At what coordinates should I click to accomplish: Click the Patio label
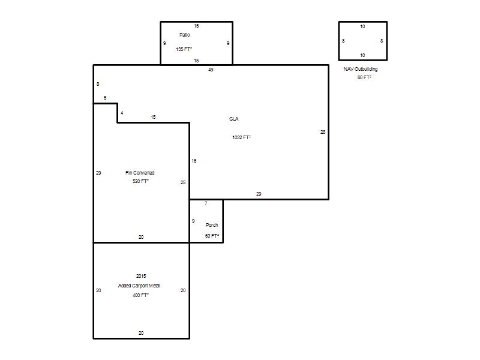(x=184, y=35)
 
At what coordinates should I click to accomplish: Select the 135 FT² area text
(x=184, y=49)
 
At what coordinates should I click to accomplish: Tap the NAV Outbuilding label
(x=361, y=69)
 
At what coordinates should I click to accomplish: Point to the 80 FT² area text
(x=364, y=77)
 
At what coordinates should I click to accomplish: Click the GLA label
(x=233, y=119)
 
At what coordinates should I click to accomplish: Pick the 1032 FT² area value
(x=241, y=137)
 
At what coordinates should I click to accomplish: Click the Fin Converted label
(x=140, y=173)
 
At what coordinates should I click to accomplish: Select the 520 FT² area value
(x=140, y=181)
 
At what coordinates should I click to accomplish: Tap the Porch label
(x=212, y=225)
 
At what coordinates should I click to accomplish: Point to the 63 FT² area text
(x=212, y=236)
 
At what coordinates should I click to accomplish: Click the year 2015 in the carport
(x=141, y=276)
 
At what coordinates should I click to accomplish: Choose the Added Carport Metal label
(x=139, y=286)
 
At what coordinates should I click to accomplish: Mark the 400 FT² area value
(x=140, y=295)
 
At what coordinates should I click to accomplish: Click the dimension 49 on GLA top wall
(x=211, y=70)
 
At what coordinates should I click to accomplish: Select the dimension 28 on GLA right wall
(x=323, y=132)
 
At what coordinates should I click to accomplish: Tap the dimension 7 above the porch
(x=206, y=203)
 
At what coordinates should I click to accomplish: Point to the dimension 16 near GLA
(x=194, y=161)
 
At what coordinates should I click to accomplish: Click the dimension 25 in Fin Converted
(x=183, y=182)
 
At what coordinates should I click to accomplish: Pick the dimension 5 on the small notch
(x=105, y=98)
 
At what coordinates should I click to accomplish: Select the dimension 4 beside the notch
(x=122, y=113)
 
